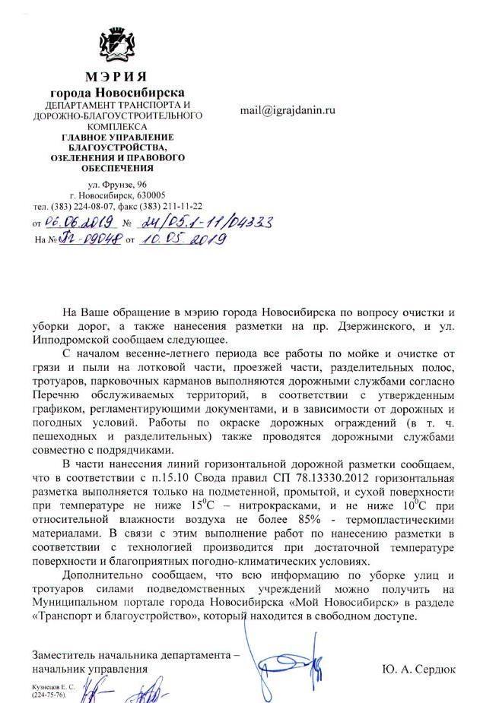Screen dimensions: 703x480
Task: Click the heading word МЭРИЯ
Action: pyautogui.click(x=117, y=78)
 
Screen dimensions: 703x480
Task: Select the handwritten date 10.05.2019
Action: pyautogui.click(x=183, y=239)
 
